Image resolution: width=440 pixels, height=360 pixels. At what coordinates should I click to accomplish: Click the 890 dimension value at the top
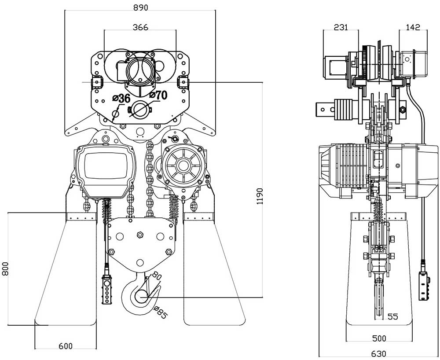click(140, 7)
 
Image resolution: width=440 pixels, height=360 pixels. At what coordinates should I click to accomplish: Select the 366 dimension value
click(140, 27)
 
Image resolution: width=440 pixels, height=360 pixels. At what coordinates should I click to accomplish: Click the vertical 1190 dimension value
click(260, 196)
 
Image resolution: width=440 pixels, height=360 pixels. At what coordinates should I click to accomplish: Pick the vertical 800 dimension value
click(6, 269)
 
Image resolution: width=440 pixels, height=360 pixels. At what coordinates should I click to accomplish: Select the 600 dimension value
click(65, 346)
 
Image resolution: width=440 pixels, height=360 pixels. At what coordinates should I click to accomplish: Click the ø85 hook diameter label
click(161, 312)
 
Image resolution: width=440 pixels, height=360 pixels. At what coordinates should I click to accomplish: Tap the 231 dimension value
click(341, 27)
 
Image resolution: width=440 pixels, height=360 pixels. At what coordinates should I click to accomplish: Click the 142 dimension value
click(413, 27)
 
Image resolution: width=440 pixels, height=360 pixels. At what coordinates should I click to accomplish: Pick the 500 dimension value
click(379, 338)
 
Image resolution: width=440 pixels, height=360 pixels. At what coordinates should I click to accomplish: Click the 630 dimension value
click(379, 354)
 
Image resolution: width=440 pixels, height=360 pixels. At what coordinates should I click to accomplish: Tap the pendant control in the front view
click(107, 289)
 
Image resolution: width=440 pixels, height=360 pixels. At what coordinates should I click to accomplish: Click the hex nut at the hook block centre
click(140, 235)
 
